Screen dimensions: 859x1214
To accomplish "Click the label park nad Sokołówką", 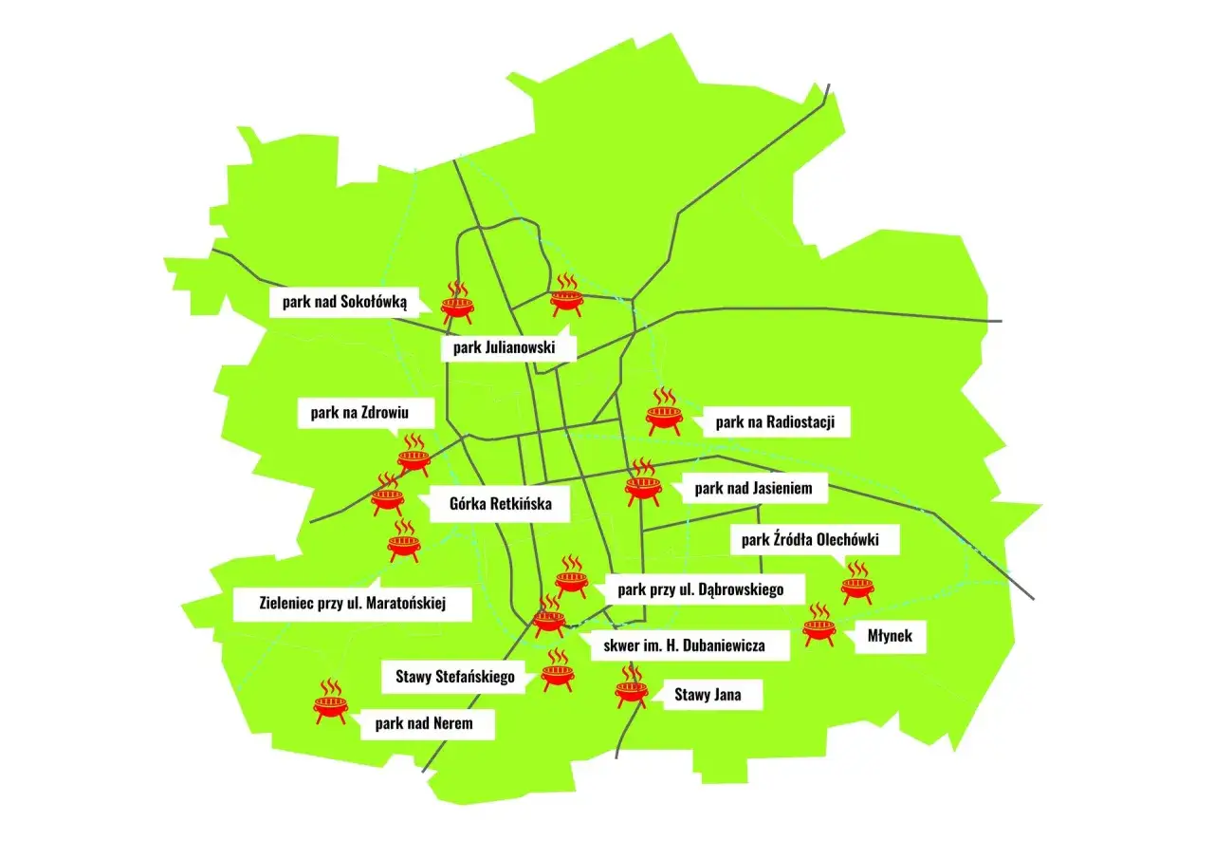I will pos(344,303).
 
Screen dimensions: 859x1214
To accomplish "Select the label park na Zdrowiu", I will pos(366,413).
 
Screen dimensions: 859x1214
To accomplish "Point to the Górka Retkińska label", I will pos(500,504).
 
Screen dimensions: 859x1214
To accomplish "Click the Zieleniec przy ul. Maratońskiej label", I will pos(352,602).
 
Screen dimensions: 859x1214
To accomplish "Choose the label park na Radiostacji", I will pos(775,422).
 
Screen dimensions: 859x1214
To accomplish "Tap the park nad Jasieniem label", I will pos(754,489).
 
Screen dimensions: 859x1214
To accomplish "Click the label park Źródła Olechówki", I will pos(810,541).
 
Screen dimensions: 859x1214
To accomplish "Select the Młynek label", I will pos(890,636).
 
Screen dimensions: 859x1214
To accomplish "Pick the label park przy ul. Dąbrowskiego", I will pos(700,589).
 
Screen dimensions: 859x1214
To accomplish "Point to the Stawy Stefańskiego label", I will pos(455,677).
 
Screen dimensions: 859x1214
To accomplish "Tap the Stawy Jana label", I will pos(708,695).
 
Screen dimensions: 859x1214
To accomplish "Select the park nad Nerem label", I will pos(428,724).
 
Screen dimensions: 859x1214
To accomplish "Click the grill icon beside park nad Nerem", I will pos(331,701).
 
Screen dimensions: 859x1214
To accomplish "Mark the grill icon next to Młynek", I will pos(819,626).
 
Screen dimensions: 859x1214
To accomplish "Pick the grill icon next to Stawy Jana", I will pos(631,686).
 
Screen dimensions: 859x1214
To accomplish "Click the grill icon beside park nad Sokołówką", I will pos(457,300).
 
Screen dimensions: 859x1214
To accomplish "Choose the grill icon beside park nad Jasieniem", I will pos(643,483).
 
